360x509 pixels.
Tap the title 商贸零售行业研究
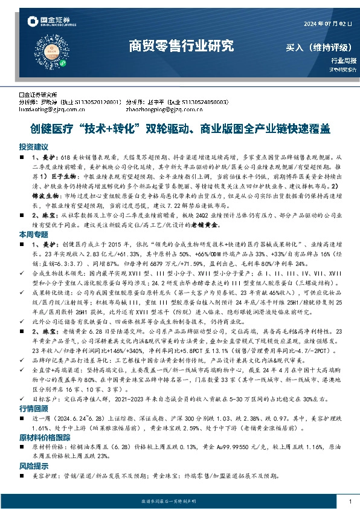coord(181,45)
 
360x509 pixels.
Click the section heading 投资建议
coord(33,147)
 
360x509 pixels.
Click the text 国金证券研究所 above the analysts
coord(39,95)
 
